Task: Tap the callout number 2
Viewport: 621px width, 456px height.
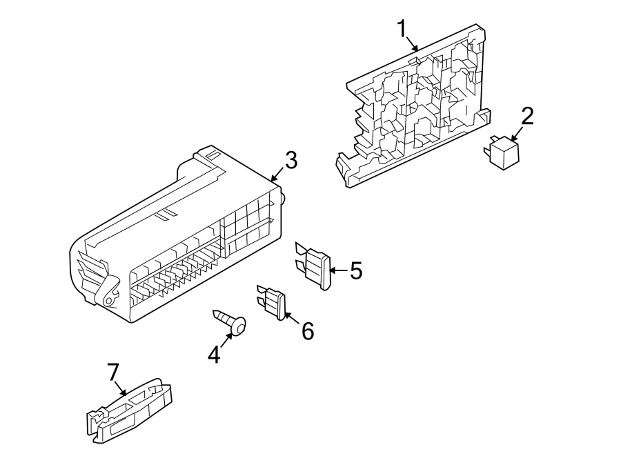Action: click(x=527, y=116)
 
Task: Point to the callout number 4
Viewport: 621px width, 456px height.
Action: click(x=215, y=355)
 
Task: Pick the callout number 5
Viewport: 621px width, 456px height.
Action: click(x=355, y=271)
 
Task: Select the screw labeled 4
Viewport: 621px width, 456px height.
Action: click(x=230, y=321)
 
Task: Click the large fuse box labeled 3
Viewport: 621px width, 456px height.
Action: click(x=179, y=241)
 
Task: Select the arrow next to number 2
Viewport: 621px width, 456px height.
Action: click(x=516, y=132)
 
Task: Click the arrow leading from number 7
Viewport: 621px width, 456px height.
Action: click(x=121, y=388)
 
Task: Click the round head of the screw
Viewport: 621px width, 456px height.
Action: click(x=239, y=326)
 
